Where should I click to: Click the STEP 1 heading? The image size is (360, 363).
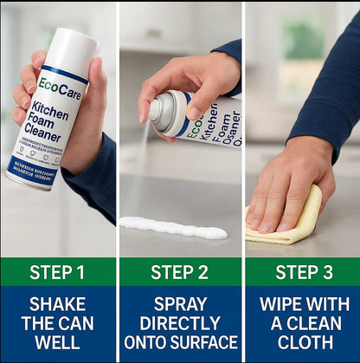(x=57, y=272)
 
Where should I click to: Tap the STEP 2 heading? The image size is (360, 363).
(x=180, y=272)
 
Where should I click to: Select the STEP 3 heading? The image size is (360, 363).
(x=302, y=272)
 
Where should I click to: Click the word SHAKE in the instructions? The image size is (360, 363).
(x=57, y=304)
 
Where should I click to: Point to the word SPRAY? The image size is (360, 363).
(x=180, y=304)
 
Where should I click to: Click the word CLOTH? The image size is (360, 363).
(x=302, y=342)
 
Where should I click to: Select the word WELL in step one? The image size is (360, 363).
(x=57, y=342)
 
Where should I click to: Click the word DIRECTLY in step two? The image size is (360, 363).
(x=180, y=323)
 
